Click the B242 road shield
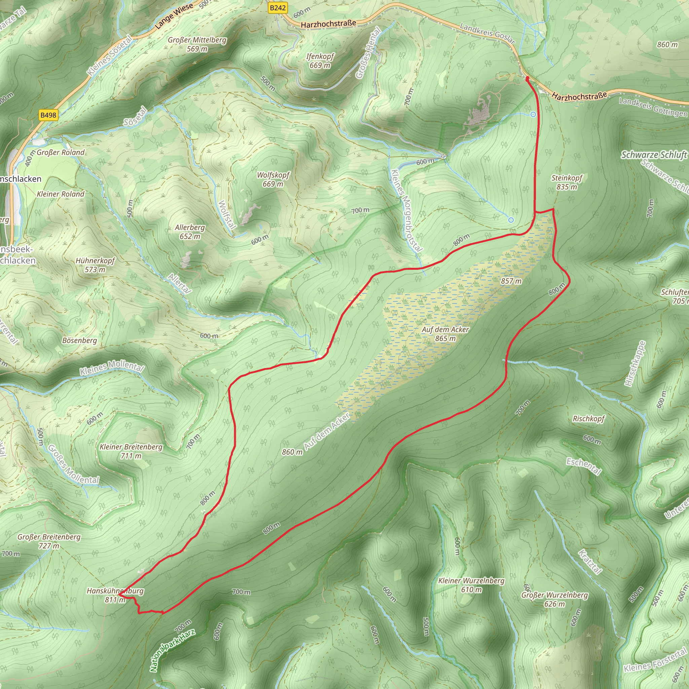coord(278,8)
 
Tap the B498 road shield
coord(48,115)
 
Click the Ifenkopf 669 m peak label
coord(320,61)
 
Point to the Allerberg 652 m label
coord(190,232)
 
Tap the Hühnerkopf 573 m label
coord(95,265)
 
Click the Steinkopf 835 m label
coord(567,182)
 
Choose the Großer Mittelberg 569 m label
coord(197,44)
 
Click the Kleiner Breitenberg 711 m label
coord(131,451)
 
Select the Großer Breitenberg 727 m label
coord(49,541)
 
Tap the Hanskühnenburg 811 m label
coord(115,595)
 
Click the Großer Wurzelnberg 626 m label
coord(554,599)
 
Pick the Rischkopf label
coord(588,419)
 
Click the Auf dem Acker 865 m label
coord(445,333)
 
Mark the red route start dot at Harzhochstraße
coord(527,78)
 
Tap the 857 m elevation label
coord(511,281)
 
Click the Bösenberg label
coord(79,340)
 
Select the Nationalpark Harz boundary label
coord(173,651)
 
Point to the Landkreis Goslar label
coord(487,33)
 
